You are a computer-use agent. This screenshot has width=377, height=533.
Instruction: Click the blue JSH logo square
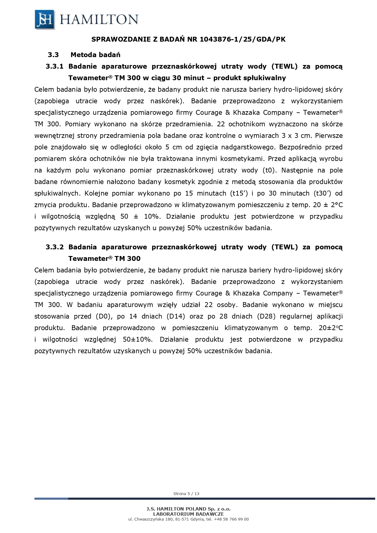[x=45, y=19]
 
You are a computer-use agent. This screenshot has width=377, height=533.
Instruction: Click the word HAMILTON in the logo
[x=99, y=20]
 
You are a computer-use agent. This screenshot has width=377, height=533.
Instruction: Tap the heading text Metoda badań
[x=95, y=55]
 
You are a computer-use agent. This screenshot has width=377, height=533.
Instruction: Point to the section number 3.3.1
[x=54, y=67]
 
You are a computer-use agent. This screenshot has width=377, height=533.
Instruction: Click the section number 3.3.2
[x=54, y=247]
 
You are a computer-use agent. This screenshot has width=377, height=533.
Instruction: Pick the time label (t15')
[x=239, y=193]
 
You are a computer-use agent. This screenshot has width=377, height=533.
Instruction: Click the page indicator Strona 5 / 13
[x=186, y=494]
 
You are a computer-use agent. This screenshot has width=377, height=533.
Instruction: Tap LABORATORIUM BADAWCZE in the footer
[x=188, y=514]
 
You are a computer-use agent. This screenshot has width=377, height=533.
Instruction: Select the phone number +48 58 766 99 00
[x=231, y=519]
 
